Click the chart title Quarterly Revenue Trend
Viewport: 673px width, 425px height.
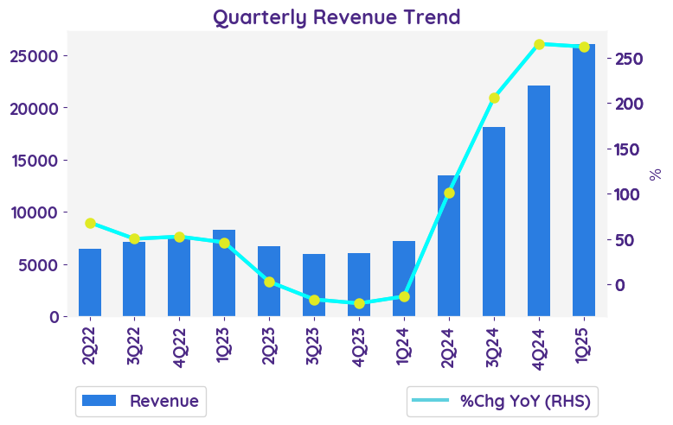336,17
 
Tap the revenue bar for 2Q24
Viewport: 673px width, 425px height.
449,246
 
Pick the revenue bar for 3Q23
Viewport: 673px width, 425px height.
314,285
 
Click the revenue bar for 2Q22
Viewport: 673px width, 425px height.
90,282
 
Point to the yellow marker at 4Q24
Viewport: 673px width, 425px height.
539,44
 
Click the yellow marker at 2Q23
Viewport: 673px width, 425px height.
269,282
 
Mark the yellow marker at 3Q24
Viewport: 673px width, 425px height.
494,98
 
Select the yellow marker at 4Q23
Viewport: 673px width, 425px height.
359,303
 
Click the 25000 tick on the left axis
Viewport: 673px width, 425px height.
34,56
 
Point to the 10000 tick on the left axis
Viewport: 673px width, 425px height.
34,212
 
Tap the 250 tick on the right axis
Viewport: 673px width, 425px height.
629,59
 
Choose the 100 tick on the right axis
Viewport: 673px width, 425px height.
629,194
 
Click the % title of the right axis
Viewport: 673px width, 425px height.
655,174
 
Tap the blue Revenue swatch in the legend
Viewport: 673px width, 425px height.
99,401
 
